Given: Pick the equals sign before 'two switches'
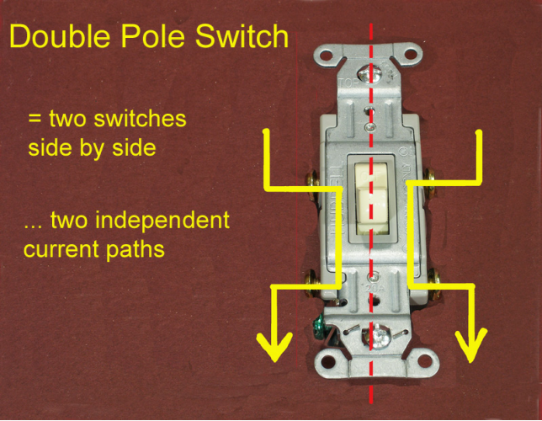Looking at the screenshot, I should [x=35, y=120].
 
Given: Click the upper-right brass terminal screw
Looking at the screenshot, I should [x=430, y=179].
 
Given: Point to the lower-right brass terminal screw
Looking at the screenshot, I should [x=430, y=278].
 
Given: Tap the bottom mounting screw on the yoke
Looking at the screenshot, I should [x=378, y=339].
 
